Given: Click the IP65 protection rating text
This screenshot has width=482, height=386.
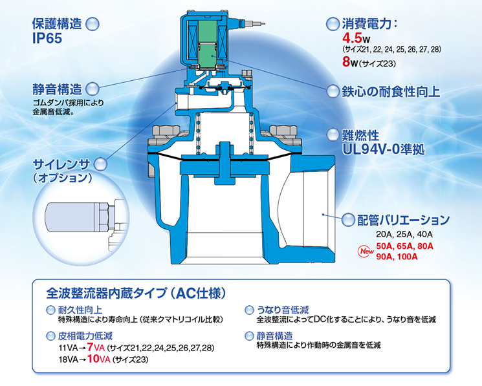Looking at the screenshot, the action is (x=47, y=39).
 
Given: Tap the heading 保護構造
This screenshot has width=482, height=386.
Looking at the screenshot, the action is (x=57, y=24).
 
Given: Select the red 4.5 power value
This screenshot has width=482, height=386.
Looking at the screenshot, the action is (x=352, y=38).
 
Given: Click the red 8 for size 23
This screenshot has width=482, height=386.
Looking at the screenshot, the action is (x=346, y=61).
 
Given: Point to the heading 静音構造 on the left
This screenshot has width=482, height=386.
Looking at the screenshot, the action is (x=57, y=90).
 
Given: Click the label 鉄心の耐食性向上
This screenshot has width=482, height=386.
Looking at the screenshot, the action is (x=391, y=92).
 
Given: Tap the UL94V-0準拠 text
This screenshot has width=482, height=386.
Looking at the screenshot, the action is (x=383, y=149).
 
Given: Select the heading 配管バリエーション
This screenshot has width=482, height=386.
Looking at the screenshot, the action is (x=403, y=220).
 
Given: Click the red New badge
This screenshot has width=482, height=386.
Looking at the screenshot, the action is (x=366, y=252).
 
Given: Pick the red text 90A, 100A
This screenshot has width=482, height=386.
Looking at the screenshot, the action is (x=397, y=257).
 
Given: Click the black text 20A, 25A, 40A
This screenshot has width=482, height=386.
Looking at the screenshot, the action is (x=404, y=235).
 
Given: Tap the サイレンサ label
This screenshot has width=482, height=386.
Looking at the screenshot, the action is (x=61, y=165).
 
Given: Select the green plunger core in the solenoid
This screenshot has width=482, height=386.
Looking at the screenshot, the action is (x=207, y=44).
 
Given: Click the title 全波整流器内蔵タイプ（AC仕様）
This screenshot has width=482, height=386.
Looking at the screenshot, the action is (x=136, y=294).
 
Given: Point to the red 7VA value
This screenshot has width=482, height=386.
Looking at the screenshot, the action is (x=96, y=347).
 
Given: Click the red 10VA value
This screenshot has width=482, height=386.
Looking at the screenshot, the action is (x=99, y=359).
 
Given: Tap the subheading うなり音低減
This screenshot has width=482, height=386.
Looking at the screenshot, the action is (x=283, y=310).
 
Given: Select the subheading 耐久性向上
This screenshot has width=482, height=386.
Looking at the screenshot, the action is (x=80, y=310).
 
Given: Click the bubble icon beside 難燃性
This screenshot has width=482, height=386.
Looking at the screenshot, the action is (x=333, y=134).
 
